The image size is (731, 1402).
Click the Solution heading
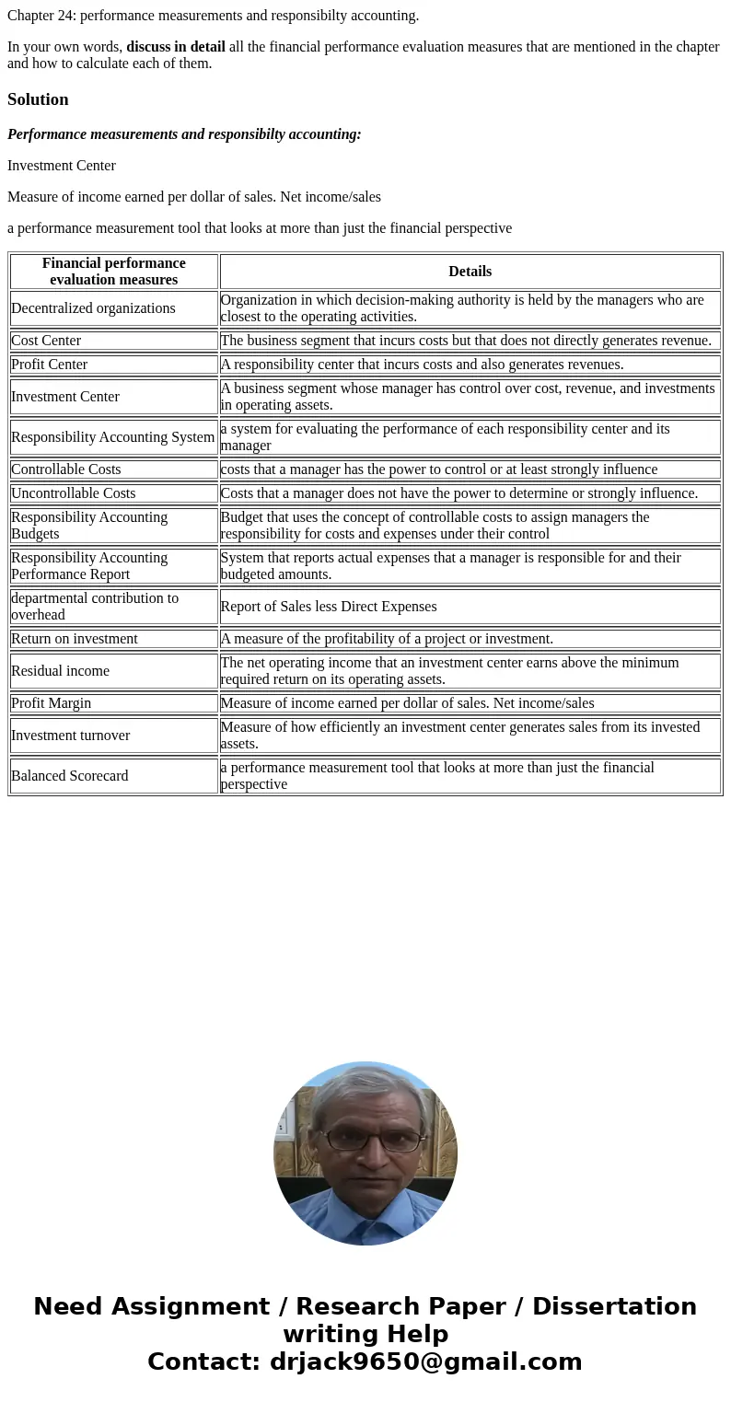click(38, 99)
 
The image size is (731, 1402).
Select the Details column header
click(470, 272)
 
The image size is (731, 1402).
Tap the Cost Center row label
click(46, 341)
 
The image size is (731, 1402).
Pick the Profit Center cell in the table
click(50, 365)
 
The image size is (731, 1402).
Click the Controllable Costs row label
click(66, 469)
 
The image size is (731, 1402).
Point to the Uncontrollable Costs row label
click(74, 493)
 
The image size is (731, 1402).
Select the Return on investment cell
click(75, 639)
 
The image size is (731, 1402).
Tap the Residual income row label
click(60, 671)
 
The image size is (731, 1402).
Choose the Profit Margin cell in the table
click(52, 703)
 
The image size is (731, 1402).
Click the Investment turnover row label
click(71, 736)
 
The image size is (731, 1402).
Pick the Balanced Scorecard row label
click(70, 776)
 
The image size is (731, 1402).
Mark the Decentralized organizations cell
click(93, 308)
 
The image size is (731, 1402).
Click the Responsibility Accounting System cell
click(113, 437)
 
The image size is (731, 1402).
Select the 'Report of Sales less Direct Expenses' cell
click(329, 607)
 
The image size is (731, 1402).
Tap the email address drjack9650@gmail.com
click(425, 1362)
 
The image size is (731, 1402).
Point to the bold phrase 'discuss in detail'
click(176, 47)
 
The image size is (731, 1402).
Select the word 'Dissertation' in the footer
click(614, 1307)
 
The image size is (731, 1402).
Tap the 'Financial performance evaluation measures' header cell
click(114, 272)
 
